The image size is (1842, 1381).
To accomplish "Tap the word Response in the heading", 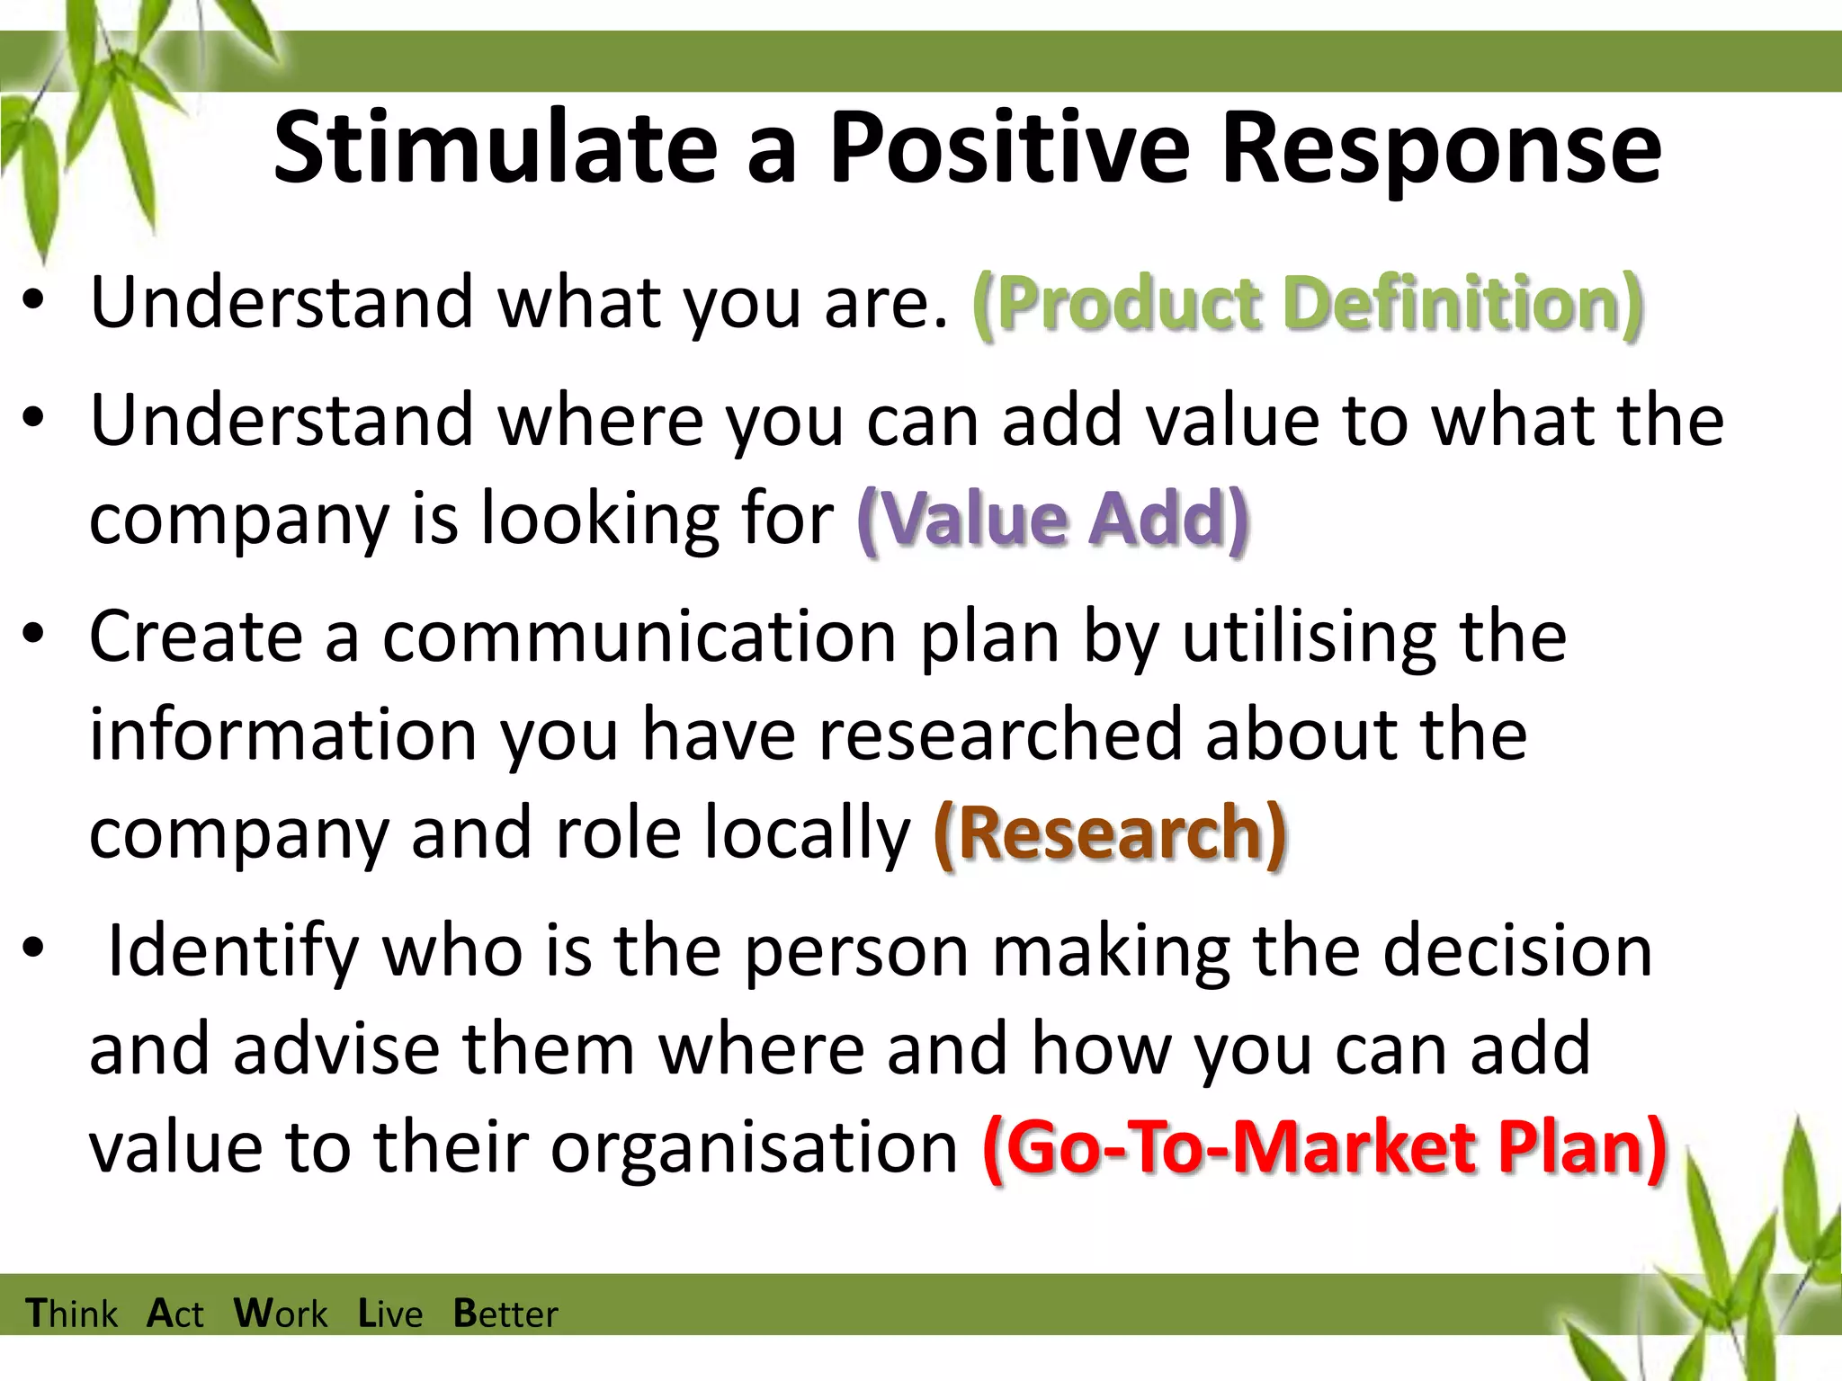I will point(1441,148).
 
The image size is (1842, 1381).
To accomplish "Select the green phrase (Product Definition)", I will point(1309,303).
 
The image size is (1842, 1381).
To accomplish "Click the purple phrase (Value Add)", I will point(1053,519).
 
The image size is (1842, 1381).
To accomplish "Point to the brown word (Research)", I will point(1111,833).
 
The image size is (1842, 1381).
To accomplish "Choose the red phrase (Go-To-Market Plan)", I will point(1325,1148).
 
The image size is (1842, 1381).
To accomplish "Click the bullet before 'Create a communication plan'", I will point(34,635).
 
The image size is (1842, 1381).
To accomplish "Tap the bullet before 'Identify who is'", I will point(34,949).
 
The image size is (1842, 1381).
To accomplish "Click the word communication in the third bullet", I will point(639,637).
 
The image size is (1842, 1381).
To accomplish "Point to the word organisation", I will point(755,1149).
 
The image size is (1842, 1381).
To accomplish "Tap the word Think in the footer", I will point(72,1314).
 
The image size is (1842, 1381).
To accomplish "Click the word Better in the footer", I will point(505,1314).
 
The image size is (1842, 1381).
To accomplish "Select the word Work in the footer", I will point(281,1314).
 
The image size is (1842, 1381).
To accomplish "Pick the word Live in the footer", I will point(390,1314).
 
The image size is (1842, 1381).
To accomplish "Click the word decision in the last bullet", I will point(1517,951).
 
